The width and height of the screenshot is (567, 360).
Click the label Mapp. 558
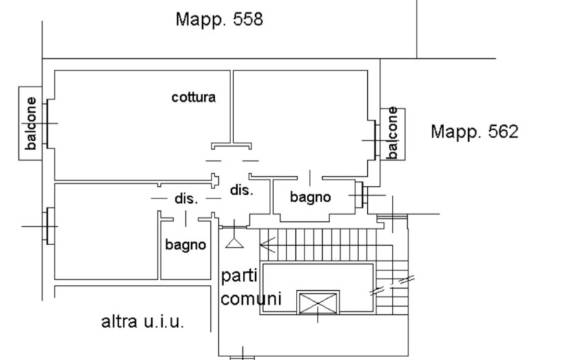(x=219, y=19)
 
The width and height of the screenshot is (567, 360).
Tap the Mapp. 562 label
(x=474, y=132)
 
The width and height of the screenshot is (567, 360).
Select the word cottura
(x=193, y=97)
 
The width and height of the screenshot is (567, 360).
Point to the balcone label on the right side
(x=393, y=133)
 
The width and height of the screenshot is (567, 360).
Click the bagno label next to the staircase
(x=310, y=196)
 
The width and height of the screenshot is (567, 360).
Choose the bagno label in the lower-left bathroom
(x=185, y=246)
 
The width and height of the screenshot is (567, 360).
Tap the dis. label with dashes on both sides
(x=186, y=198)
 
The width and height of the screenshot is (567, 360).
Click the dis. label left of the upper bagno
(x=241, y=191)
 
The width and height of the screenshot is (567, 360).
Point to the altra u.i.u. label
(x=142, y=321)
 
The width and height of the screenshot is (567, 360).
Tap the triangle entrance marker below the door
(x=234, y=242)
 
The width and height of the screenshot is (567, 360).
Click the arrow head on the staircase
(x=265, y=245)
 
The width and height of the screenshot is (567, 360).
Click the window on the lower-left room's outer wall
(x=49, y=225)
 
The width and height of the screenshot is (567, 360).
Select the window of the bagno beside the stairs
(x=358, y=196)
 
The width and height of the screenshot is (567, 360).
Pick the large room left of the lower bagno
(x=105, y=233)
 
